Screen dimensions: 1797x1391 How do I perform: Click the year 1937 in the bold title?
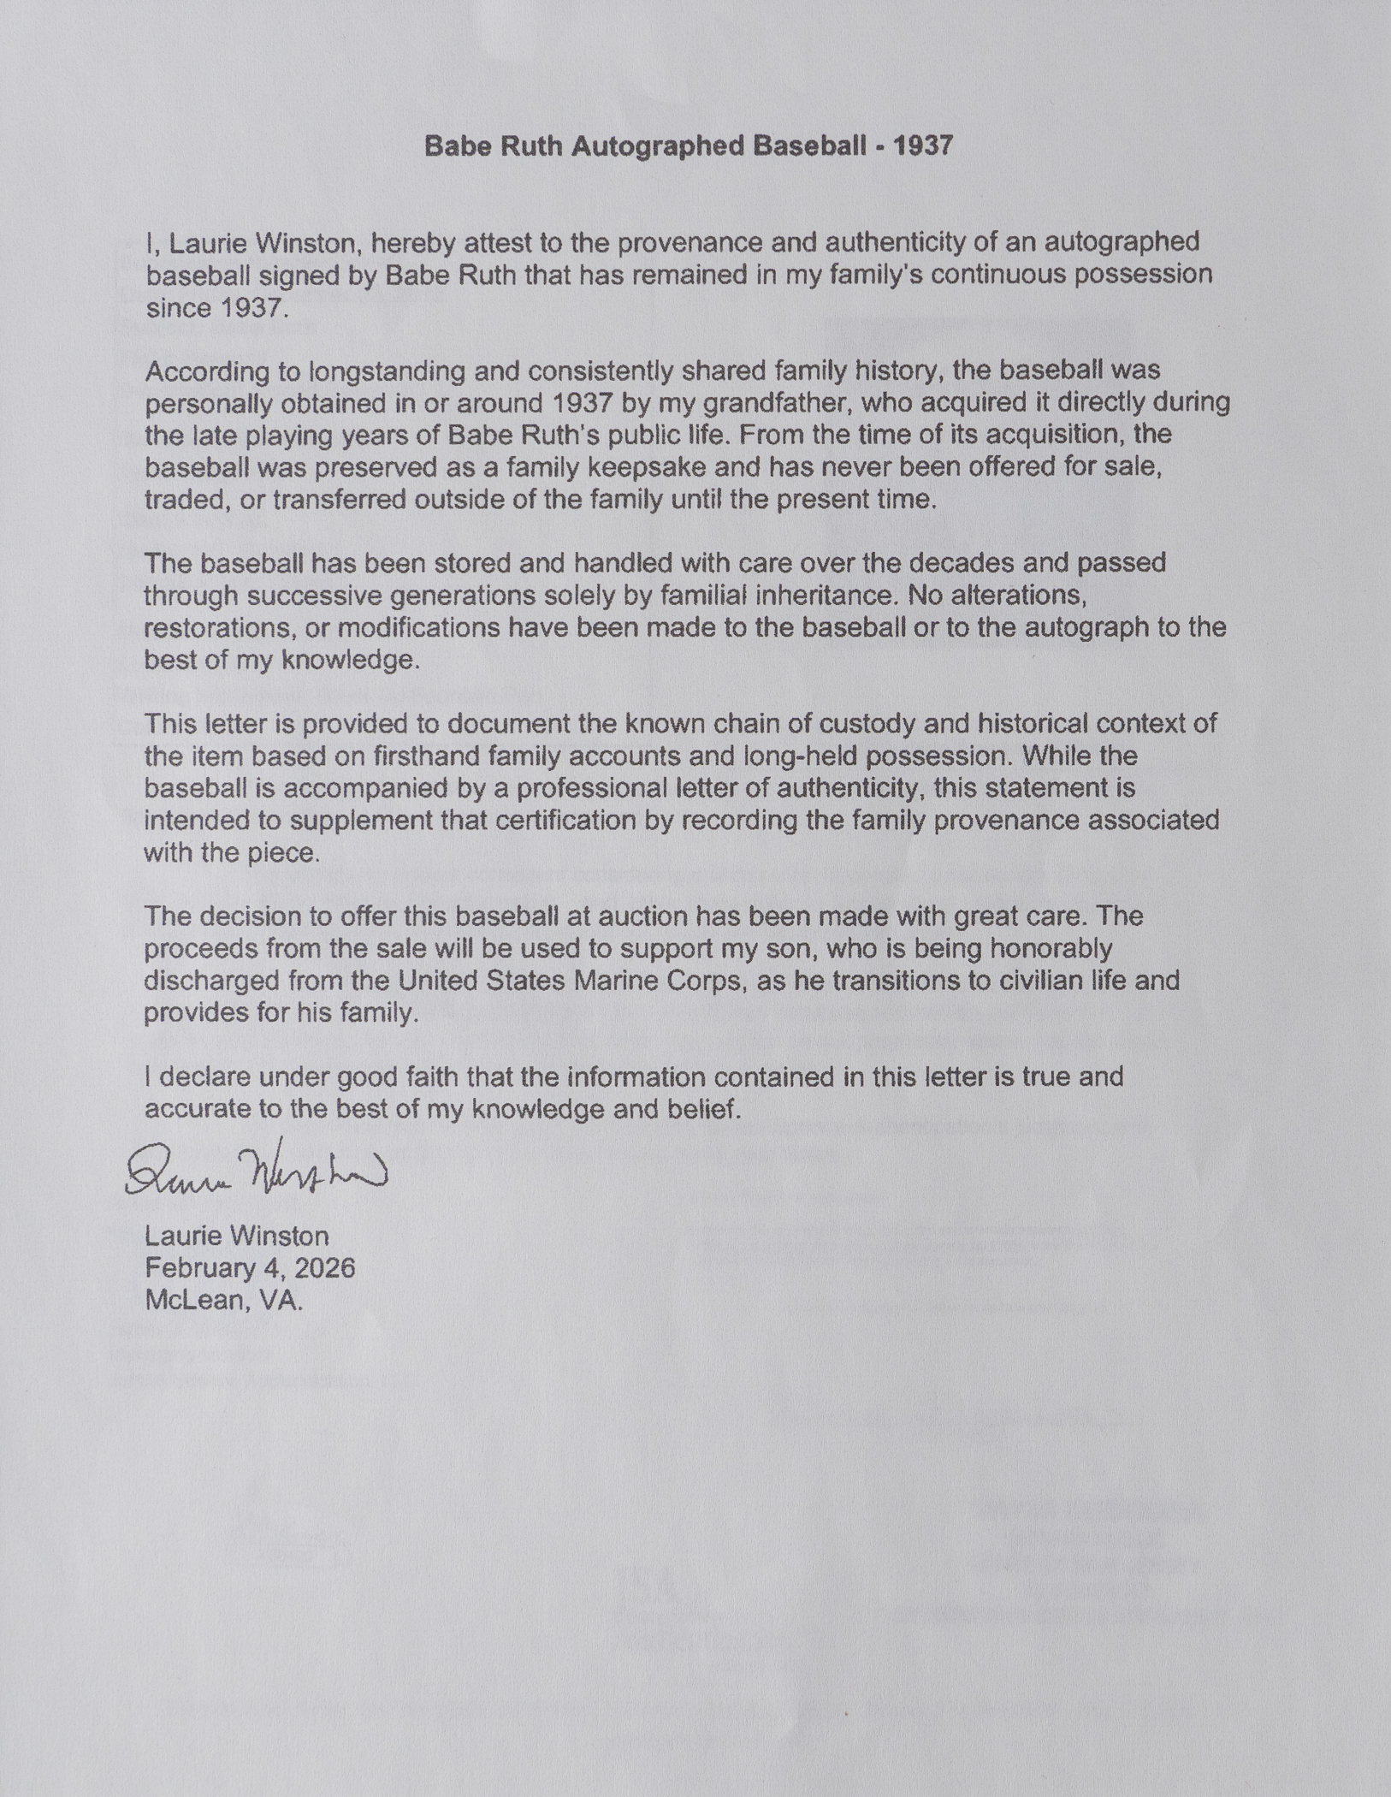(923, 146)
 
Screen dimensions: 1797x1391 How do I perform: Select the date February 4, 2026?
(250, 1267)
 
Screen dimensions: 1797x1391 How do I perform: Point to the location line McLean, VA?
(223, 1300)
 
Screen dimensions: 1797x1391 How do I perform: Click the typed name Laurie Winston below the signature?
(237, 1236)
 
